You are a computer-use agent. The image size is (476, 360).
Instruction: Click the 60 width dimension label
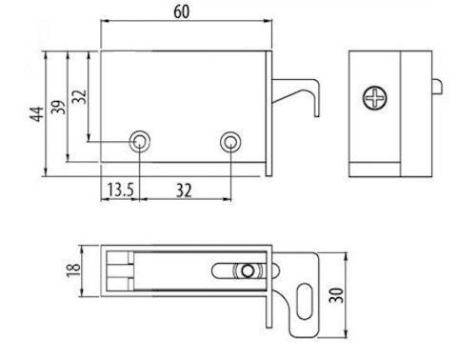[182, 11]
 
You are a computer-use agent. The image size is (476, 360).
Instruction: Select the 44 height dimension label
[37, 113]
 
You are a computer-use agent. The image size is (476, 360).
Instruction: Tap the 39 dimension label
[58, 108]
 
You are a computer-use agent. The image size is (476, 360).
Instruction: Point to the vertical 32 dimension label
[79, 96]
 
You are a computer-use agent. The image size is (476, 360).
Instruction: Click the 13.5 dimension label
[120, 190]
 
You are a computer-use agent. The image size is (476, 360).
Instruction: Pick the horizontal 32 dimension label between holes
[184, 190]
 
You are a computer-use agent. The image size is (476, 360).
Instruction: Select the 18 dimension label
[73, 270]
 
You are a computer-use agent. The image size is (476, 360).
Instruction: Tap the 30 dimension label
[336, 295]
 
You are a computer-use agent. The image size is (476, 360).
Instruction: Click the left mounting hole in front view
[140, 142]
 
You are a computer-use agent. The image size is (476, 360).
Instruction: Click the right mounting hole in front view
[230, 142]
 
